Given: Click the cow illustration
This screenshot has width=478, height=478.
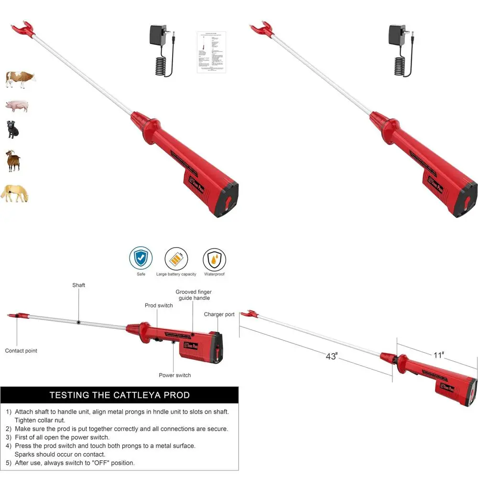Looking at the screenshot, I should pos(21,78).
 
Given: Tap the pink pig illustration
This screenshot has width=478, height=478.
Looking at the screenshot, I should pos(17,106).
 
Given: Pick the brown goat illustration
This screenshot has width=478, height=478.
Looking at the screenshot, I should pos(13,161).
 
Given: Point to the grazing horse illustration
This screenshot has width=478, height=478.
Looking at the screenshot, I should pos(14,194).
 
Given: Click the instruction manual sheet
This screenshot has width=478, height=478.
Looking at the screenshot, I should pos(211,52).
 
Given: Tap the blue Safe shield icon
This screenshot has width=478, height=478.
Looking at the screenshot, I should pos(141,259).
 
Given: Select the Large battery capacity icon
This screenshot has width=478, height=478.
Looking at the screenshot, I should pos(176,259).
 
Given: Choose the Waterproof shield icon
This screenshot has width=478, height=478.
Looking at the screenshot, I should pos(214,260).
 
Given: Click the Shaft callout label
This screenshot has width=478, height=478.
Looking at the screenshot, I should pos(79,285).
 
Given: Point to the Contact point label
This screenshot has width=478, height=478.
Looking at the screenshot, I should pos(21,351).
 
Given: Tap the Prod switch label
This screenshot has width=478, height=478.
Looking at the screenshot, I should pos(159,305).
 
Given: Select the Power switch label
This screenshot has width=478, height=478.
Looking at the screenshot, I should pos(175,375).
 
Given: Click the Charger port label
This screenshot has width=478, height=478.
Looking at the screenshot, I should pos(219,315).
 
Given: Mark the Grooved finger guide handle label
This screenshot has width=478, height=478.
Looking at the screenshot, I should pos(194,294).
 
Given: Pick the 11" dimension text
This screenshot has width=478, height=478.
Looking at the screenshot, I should pos(439,355).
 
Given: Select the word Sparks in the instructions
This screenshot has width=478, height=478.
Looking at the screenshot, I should pos(25,454).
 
